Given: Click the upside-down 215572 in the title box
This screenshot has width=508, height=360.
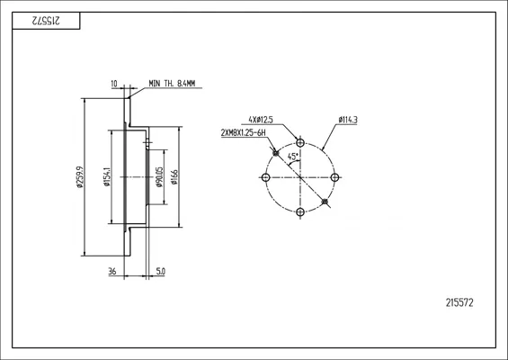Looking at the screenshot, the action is point(46,21).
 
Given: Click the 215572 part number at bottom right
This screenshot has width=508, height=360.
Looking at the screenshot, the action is point(459,302).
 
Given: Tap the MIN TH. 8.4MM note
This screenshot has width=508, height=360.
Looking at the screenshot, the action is point(172,84).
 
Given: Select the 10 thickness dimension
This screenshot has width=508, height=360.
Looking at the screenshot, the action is point(114,84).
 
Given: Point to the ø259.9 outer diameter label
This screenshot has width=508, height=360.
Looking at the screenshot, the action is point(79,177).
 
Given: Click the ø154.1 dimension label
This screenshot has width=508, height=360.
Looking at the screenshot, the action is point(107,176).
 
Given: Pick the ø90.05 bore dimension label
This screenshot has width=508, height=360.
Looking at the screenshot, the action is point(159,177).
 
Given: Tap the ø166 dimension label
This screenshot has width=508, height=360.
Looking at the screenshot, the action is point(174,177).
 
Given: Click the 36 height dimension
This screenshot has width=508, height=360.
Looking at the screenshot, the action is point(112,271).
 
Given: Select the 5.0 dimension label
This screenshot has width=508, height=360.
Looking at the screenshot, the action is point(160,271).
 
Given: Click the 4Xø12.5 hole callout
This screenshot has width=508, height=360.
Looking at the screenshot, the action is point(261,120).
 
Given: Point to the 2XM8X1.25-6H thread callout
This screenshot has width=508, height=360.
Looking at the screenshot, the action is point(244,132).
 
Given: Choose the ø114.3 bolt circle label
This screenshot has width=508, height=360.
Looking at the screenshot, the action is point(348,120).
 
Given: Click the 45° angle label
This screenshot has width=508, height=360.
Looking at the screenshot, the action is point(293,157).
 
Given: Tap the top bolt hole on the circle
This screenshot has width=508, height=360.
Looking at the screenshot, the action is point(300,142).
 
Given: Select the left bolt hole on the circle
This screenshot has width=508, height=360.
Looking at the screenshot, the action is point(265,177).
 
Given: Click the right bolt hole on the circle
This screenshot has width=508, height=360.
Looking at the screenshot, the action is point(335,177).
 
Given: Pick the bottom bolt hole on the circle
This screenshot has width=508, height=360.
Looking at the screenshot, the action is point(300,212).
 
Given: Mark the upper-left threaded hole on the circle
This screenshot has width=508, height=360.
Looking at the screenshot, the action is point(276,153).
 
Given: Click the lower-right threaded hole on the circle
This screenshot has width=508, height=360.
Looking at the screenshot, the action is point(325,202).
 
